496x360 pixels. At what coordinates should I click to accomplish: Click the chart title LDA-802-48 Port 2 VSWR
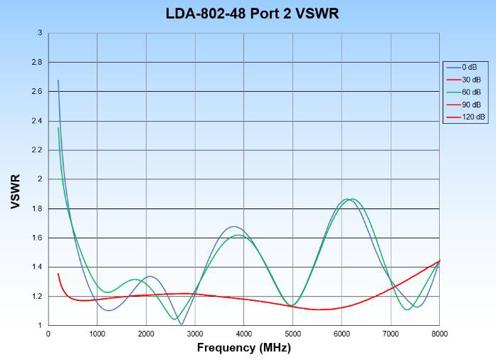[x=248, y=14]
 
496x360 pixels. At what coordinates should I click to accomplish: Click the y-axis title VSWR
[x=15, y=191]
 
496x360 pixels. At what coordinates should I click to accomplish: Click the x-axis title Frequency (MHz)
[x=244, y=348]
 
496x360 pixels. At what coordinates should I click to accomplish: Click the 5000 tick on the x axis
[x=292, y=333]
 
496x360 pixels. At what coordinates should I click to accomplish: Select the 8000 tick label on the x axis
[x=439, y=333]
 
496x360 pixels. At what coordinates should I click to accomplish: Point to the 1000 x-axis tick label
[x=97, y=333]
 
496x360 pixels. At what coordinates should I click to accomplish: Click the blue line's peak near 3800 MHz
[x=235, y=226]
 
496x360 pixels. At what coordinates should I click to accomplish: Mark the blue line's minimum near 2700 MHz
[x=181, y=324]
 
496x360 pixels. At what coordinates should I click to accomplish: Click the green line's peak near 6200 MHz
[x=352, y=199]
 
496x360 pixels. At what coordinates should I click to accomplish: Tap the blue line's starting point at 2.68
[x=58, y=80]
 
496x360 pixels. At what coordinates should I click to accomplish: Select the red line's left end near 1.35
[x=58, y=274]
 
